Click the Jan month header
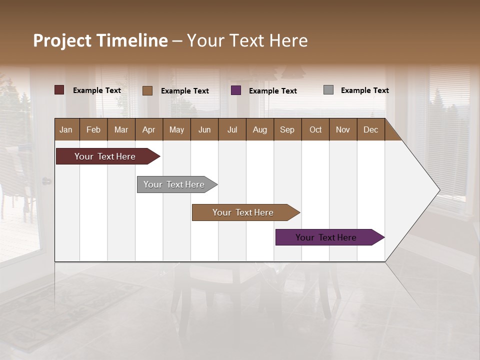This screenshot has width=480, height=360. point(66,129)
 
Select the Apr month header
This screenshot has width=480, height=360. point(148,129)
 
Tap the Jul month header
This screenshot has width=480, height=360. point(232,129)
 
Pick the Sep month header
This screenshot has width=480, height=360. point(287,129)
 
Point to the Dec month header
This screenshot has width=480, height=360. point(370,129)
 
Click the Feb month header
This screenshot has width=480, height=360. point(93,129)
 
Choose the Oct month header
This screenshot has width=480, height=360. point(315,129)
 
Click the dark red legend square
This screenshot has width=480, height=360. point(59,90)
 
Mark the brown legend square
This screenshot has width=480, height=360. point(147,90)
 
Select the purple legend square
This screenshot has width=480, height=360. point(236,90)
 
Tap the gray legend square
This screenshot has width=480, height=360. point(328,90)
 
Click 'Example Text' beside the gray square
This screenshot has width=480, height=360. point(364,90)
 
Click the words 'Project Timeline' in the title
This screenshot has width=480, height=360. point(100,40)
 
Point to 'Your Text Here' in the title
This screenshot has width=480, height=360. point(247,40)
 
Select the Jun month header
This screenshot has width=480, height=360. point(204,129)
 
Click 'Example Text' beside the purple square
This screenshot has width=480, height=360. point(272,90)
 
